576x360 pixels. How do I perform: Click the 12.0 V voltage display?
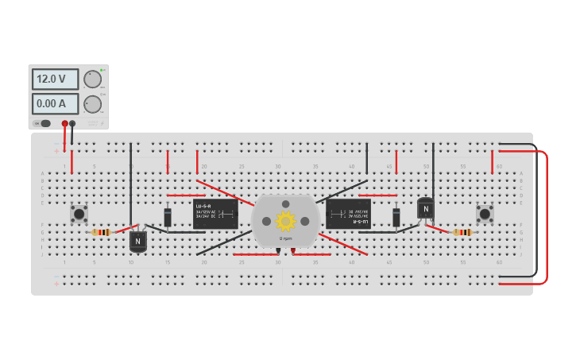(55, 79)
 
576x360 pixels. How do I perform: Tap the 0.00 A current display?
(55, 103)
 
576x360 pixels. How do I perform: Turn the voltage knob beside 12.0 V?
(93, 79)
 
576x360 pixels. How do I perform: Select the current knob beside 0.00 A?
(93, 104)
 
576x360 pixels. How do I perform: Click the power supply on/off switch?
(44, 123)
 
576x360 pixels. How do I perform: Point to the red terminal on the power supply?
(65, 123)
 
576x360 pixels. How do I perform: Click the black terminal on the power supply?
(73, 123)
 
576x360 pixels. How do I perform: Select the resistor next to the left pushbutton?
(101, 232)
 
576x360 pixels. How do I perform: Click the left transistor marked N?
(138, 241)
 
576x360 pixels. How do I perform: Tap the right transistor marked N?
(426, 209)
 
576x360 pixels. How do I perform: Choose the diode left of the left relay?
(168, 217)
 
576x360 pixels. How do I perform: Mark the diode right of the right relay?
(396, 217)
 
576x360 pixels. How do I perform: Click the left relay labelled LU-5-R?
(215, 214)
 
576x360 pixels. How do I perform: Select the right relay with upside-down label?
(348, 214)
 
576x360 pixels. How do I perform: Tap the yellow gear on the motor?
(285, 220)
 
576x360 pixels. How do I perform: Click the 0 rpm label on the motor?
(285, 238)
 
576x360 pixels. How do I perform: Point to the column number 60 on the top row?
(499, 166)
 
